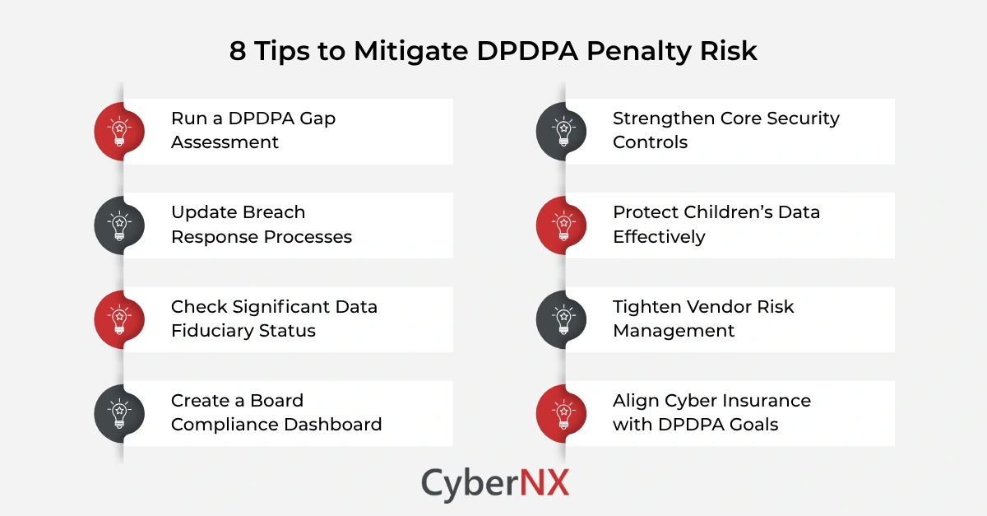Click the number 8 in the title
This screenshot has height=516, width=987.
click(x=237, y=51)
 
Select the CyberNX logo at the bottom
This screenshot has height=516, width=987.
click(x=494, y=483)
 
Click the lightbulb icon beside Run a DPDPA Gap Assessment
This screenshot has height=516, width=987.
click(x=120, y=132)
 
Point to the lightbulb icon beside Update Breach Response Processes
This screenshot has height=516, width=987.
click(x=120, y=225)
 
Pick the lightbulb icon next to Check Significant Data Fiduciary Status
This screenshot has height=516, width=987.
click(x=120, y=319)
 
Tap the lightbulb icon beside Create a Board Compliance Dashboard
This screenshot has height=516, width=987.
click(x=120, y=413)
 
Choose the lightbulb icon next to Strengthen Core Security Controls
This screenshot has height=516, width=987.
click(x=562, y=132)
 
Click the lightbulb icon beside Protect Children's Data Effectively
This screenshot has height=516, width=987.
click(x=562, y=225)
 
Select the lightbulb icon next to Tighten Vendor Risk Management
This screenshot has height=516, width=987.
click(x=562, y=319)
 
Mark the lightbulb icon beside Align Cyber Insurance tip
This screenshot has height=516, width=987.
click(x=562, y=413)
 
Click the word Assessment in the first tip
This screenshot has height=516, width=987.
click(x=225, y=142)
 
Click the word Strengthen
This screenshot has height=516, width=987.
click(x=663, y=119)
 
